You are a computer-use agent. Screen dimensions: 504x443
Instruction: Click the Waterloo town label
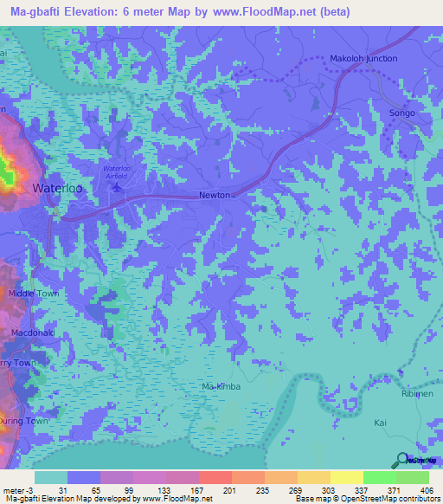57,187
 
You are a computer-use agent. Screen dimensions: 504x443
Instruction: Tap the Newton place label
214,195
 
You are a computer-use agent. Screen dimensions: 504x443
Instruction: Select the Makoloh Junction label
363,59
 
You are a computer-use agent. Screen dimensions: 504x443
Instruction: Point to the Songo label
403,113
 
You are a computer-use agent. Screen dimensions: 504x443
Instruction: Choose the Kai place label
378,423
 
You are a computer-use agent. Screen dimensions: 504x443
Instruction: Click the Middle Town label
33,294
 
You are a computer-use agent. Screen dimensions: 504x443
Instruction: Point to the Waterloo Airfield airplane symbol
118,184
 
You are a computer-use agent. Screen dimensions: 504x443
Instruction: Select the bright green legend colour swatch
379,477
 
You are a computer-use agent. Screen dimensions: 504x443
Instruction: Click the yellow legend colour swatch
346,477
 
